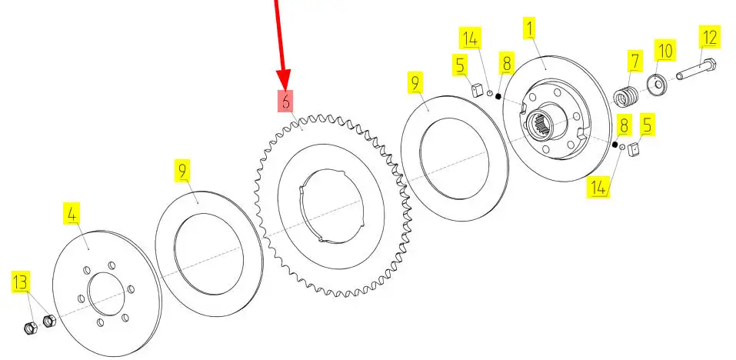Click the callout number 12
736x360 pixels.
pos(709,38)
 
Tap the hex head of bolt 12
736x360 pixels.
pos(710,65)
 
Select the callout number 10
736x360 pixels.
pos(664,50)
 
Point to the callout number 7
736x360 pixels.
pos(635,61)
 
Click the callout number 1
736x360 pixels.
pos(530,28)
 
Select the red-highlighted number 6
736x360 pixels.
pos(286,101)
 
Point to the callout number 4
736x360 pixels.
pos(72,214)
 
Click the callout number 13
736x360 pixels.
pos(20,282)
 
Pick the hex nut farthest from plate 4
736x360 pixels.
pos(29,328)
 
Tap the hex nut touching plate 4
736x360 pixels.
pos(49,321)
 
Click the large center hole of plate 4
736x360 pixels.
pos(107,294)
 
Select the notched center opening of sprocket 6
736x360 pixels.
pos(332,207)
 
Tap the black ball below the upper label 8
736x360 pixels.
pos(498,96)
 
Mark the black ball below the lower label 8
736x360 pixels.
pos(614,145)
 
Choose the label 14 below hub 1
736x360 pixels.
pos(598,187)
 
